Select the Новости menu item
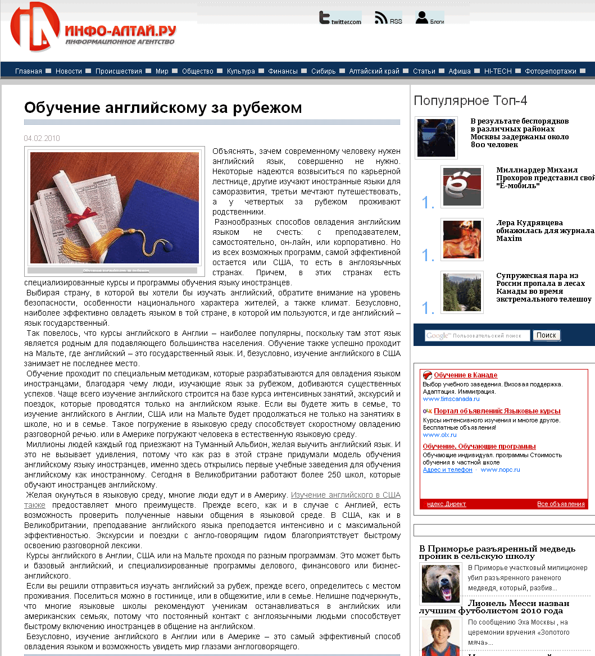pyautogui.click(x=69, y=71)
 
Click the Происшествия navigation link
pyautogui.click(x=119, y=71)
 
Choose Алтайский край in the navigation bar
pyautogui.click(x=374, y=71)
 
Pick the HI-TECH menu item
pyautogui.click(x=498, y=71)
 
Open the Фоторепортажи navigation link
pyautogui.click(x=551, y=71)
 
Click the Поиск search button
pyautogui.click(x=546, y=335)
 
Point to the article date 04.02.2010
pyautogui.click(x=42, y=138)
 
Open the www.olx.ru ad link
pyautogui.click(x=439, y=435)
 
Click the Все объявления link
pyautogui.click(x=561, y=504)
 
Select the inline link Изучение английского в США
pyautogui.click(x=346, y=495)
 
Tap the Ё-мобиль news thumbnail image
pyautogui.click(x=462, y=186)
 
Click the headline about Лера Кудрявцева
pyautogui.click(x=544, y=230)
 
